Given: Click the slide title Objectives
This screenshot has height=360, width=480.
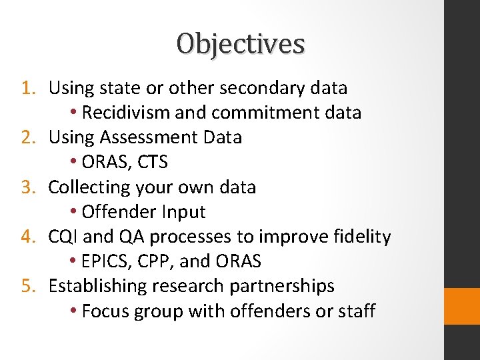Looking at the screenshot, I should [x=241, y=44].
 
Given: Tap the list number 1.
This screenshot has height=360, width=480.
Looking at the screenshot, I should [x=27, y=87].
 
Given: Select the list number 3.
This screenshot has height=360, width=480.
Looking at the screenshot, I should [x=27, y=187].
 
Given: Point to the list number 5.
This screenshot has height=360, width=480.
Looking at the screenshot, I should [x=27, y=285].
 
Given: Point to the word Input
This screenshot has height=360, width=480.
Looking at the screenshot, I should [x=184, y=212].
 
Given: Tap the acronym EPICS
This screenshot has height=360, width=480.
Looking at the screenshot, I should [x=106, y=261].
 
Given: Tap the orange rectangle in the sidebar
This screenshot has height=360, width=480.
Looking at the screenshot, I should [x=461, y=306].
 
